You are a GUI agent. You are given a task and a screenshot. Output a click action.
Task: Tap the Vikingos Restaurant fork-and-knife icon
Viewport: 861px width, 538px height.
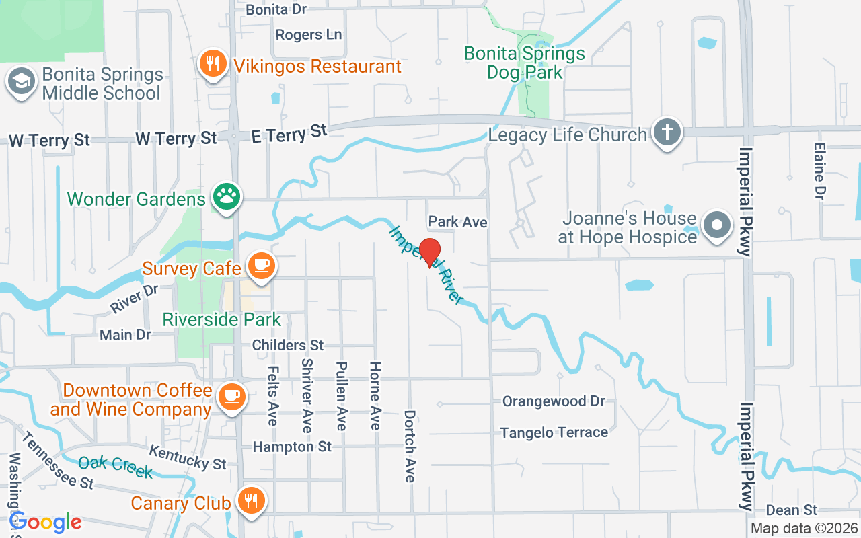tap(213, 65)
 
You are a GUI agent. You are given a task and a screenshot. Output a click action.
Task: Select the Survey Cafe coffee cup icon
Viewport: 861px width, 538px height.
tap(260, 266)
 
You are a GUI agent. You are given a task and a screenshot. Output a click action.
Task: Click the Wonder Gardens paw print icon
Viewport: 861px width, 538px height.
tap(227, 197)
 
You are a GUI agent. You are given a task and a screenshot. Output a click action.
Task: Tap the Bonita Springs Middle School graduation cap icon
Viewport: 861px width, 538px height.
tap(21, 82)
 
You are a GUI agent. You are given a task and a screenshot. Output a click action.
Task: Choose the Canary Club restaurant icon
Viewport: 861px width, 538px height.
tap(252, 500)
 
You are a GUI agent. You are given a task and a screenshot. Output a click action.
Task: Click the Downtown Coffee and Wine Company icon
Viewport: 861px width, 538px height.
tap(232, 395)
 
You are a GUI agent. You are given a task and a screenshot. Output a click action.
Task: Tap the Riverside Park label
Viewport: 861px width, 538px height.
tap(221, 319)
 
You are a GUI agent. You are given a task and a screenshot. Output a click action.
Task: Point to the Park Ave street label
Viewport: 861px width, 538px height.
tap(458, 221)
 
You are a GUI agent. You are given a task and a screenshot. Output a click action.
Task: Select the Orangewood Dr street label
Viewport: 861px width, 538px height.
tap(554, 401)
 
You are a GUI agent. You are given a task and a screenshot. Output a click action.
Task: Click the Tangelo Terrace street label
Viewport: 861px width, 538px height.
tap(554, 433)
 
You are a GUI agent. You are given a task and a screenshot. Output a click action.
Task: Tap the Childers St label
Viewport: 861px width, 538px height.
tap(288, 345)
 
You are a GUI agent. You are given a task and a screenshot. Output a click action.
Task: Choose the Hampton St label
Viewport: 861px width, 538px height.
tap(292, 447)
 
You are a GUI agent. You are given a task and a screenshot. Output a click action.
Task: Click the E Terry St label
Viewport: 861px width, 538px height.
tap(288, 133)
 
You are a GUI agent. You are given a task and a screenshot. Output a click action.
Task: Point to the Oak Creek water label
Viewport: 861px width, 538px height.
tap(115, 466)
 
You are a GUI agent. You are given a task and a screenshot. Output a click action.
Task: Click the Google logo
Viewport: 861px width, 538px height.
tap(46, 522)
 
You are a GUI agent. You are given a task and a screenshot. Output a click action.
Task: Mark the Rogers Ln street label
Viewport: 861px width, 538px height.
tap(309, 34)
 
